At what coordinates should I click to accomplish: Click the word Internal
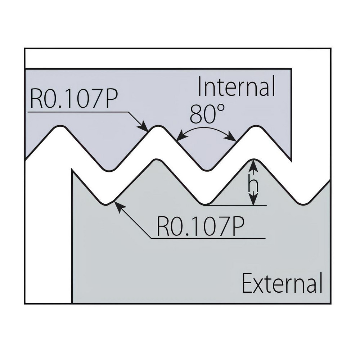[236, 86]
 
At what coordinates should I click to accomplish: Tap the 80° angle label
[207, 114]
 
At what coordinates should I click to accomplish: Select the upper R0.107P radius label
[74, 99]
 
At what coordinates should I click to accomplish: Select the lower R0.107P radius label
[200, 226]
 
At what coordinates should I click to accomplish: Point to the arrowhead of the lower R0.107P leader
[119, 205]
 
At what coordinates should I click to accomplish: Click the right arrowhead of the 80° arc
[231, 138]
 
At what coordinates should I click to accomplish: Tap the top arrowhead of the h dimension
[253, 166]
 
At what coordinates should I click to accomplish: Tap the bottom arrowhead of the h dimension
[253, 199]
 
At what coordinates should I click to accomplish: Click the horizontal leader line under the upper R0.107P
[78, 112]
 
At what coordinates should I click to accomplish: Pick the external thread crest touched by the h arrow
[253, 159]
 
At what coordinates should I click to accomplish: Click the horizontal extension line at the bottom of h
[235, 205]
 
